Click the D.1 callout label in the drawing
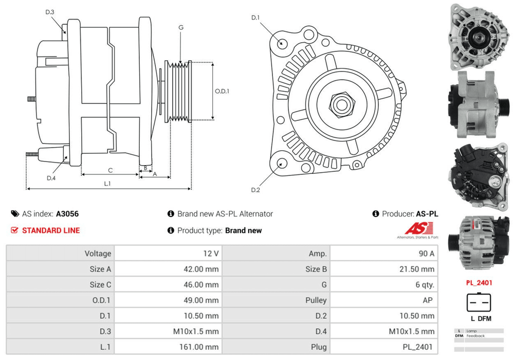[255, 19]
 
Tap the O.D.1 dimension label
[222, 91]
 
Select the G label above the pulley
[181, 27]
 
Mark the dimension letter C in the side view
[110, 170]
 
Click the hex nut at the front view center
[340, 104]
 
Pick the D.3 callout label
[50, 12]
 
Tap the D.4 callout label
[51, 178]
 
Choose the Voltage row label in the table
[98, 254]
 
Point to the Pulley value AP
[427, 300]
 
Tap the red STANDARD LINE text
[51, 230]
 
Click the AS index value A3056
[67, 214]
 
